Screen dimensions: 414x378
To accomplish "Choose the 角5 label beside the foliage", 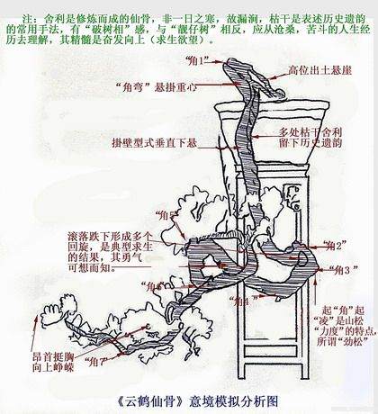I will pos(165,215).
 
